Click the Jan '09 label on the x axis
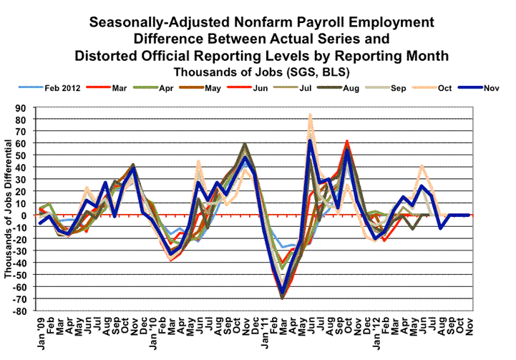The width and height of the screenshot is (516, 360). click(x=42, y=331)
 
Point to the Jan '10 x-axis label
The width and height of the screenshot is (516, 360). click(x=153, y=331)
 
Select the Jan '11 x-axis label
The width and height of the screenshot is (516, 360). click(x=264, y=331)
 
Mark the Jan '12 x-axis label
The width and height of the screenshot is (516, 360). click(x=375, y=331)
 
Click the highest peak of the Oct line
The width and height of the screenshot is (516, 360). click(x=310, y=115)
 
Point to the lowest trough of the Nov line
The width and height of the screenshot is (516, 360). click(x=283, y=293)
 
